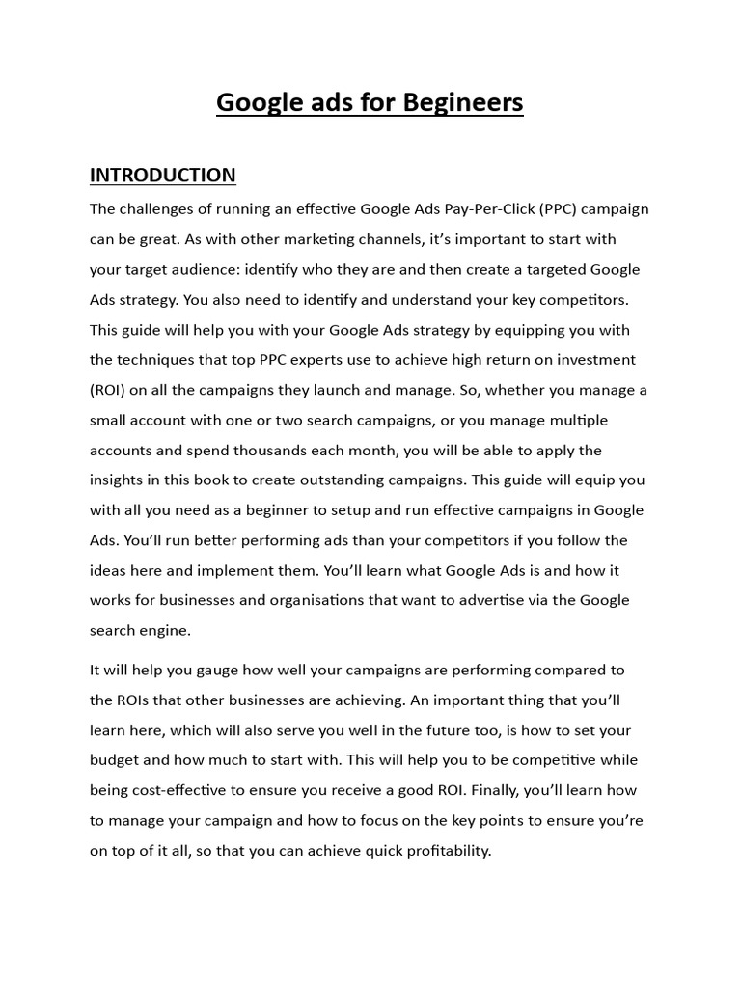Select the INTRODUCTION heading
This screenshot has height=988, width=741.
[x=162, y=175]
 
